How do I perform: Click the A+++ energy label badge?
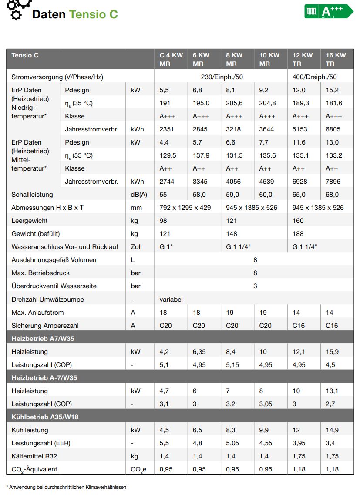coord(329,11)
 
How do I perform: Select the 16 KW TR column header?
coord(336,59)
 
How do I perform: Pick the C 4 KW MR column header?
coord(171,59)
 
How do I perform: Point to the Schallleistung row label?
coord(32,195)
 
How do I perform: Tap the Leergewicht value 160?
coord(298,221)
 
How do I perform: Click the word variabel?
coord(171,300)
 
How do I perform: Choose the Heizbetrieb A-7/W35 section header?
coord(44,378)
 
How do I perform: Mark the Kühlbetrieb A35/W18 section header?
coord(45,417)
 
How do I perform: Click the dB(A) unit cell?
coord(139,195)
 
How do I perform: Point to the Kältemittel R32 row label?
coord(34,456)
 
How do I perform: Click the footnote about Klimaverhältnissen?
coord(66,487)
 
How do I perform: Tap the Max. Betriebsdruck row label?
coord(40,273)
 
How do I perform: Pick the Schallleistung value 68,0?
coord(334,195)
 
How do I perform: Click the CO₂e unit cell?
coord(138,469)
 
